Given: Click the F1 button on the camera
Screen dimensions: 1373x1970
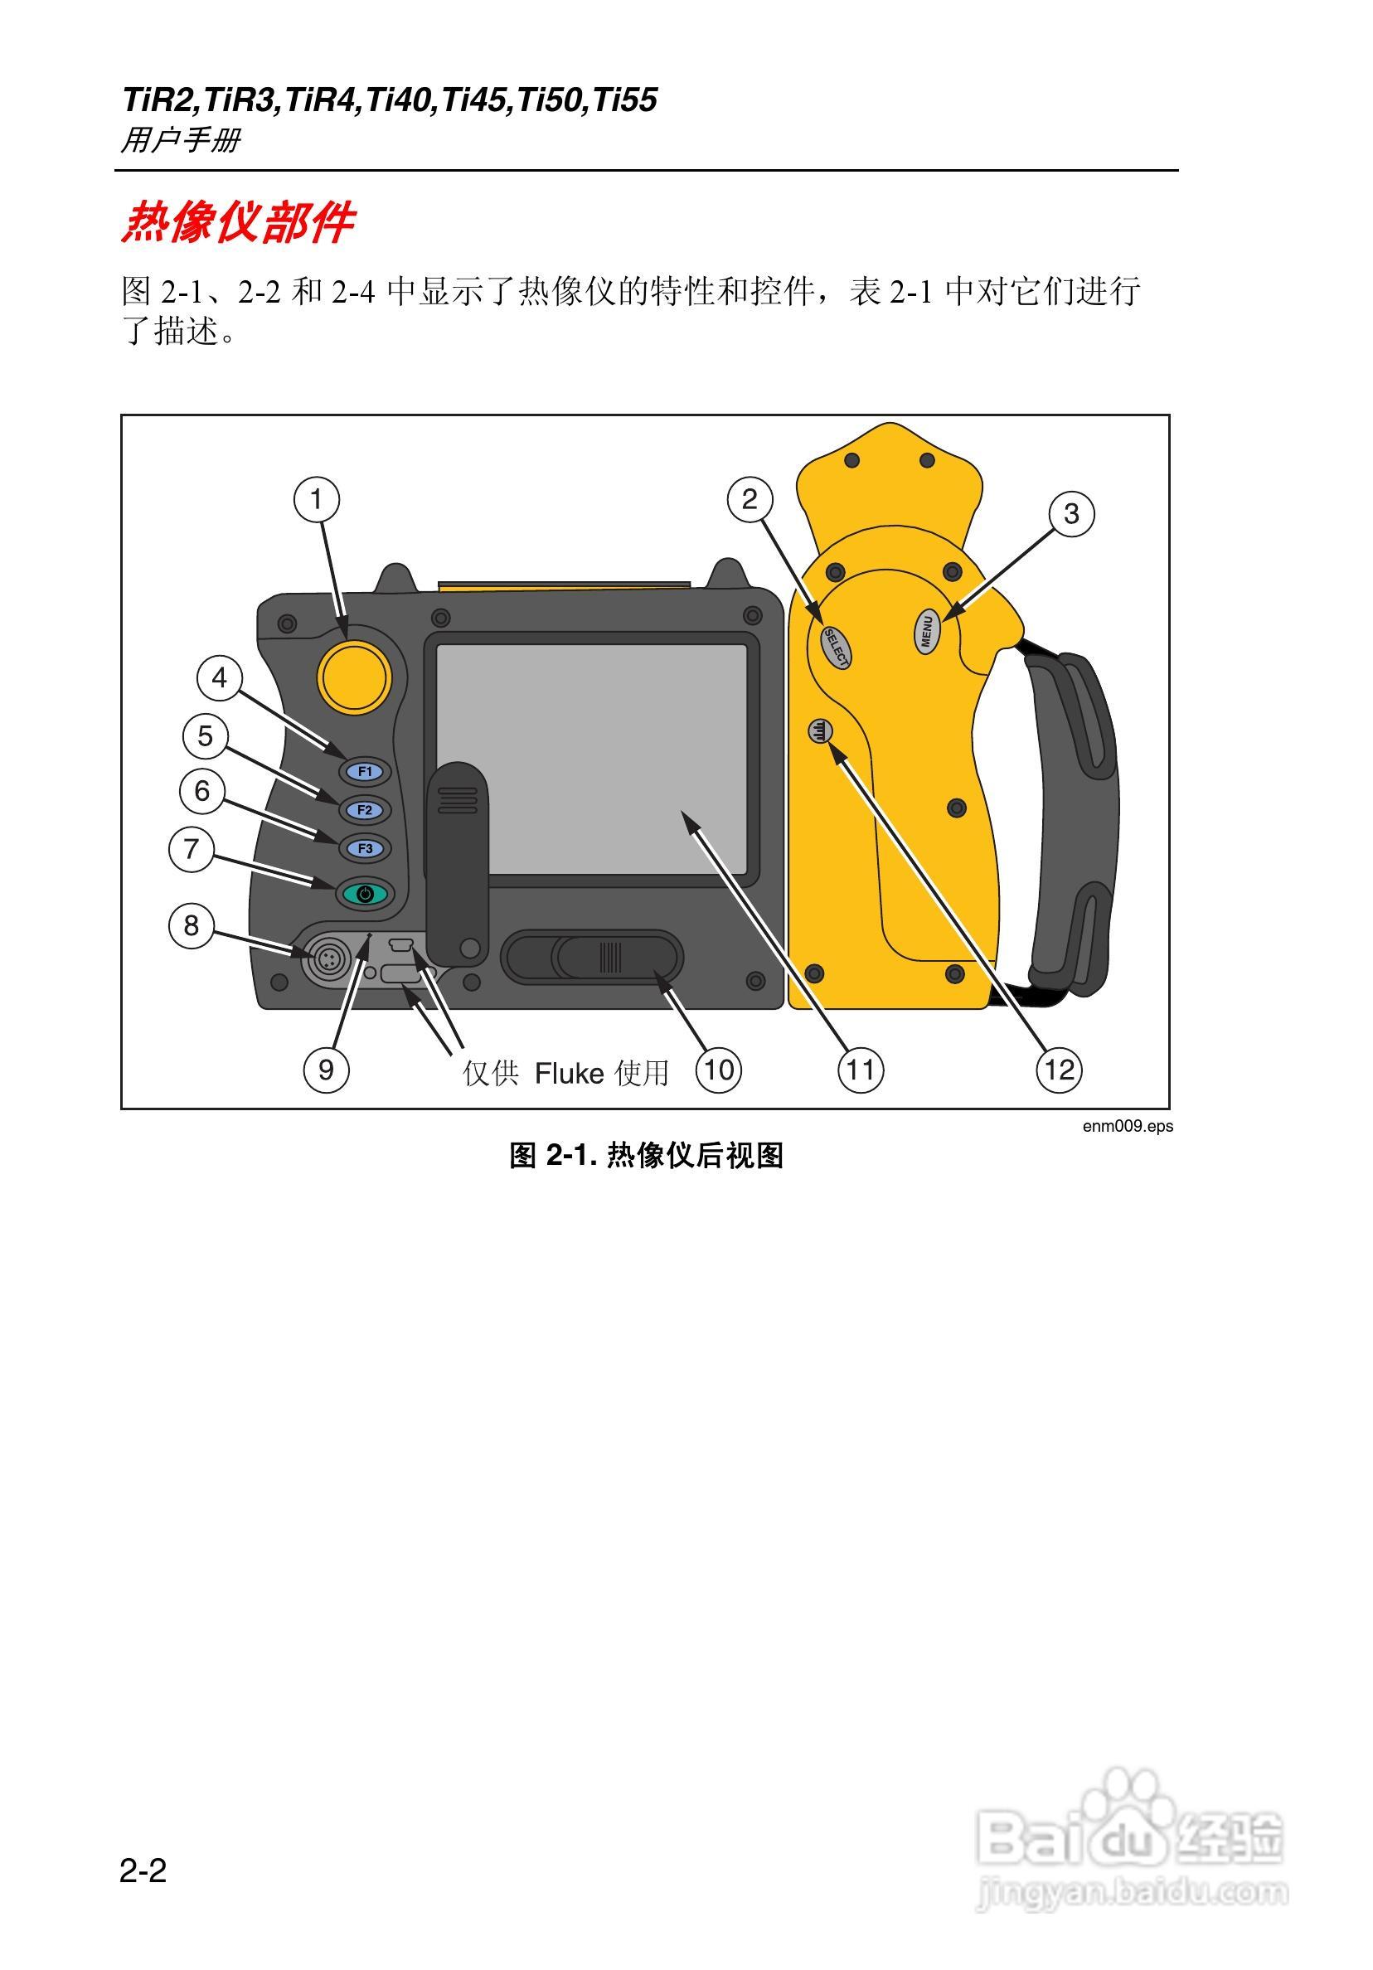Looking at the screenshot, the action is (x=366, y=771).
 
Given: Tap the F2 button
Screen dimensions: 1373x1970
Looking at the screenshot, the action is (x=365, y=810).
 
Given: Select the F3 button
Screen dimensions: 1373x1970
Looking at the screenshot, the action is (x=366, y=848).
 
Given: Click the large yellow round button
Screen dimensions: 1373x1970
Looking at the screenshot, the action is (x=354, y=677).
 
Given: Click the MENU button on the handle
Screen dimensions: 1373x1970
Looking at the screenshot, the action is (x=927, y=633).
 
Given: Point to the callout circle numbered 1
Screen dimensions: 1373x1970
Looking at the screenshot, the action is (x=317, y=499).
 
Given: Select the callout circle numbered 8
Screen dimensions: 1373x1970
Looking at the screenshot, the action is (x=191, y=925).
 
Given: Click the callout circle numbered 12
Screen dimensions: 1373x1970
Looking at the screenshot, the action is (x=1059, y=1069).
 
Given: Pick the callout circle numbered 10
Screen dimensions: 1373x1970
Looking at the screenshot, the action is (x=718, y=1069).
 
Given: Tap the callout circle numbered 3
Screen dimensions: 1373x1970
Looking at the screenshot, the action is (x=1071, y=514).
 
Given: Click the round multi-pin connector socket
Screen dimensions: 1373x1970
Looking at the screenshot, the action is (x=327, y=960).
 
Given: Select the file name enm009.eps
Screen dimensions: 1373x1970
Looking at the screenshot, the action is (x=1127, y=1127).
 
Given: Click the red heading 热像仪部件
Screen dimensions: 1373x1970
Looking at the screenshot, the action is (x=237, y=223).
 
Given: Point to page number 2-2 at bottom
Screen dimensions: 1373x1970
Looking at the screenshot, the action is (x=143, y=1871).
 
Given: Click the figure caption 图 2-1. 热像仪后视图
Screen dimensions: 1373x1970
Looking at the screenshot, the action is (x=646, y=1156).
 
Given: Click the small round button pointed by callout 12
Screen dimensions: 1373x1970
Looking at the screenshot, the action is (x=820, y=731).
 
